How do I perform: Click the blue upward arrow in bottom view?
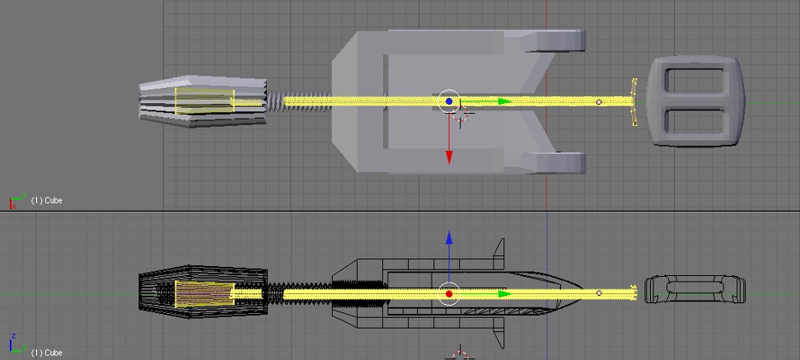(449, 260)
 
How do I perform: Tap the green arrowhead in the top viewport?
(504, 101)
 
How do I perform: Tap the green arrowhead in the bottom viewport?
(504, 294)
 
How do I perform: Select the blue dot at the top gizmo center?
(449, 101)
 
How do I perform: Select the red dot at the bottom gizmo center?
(449, 294)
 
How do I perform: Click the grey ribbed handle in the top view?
(203, 101)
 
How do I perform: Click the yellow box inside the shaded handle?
(204, 101)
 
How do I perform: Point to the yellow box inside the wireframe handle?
(204, 294)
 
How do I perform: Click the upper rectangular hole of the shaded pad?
(695, 81)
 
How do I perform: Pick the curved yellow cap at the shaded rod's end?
(634, 101)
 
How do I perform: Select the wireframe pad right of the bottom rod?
(695, 290)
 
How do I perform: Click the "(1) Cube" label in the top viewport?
(46, 200)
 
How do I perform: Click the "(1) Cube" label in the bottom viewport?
(46, 353)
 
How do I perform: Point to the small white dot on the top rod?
(599, 102)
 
